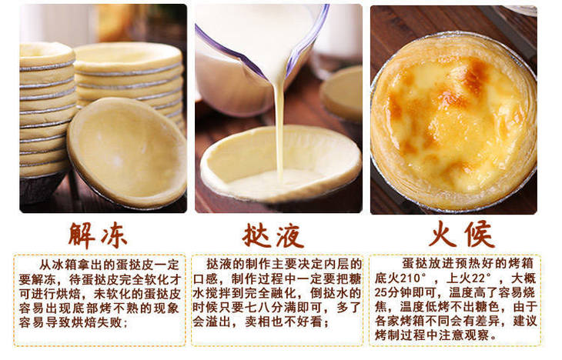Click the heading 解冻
click(98, 235)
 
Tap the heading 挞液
click(273, 235)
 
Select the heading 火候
click(462, 235)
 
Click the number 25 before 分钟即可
click(381, 292)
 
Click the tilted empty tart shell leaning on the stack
click(127, 153)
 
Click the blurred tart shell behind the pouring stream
click(341, 94)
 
